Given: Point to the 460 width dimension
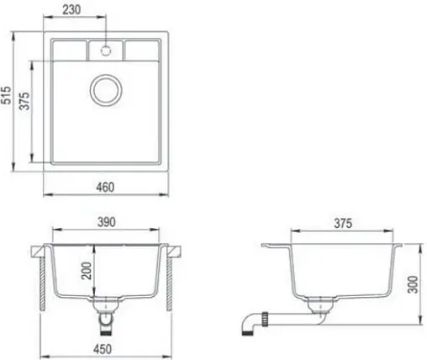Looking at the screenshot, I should coord(104,186).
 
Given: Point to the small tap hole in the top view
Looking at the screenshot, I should coord(106,50).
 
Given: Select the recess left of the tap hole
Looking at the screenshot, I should coord(70,49).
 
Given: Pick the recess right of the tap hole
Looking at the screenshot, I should coord(140,49).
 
